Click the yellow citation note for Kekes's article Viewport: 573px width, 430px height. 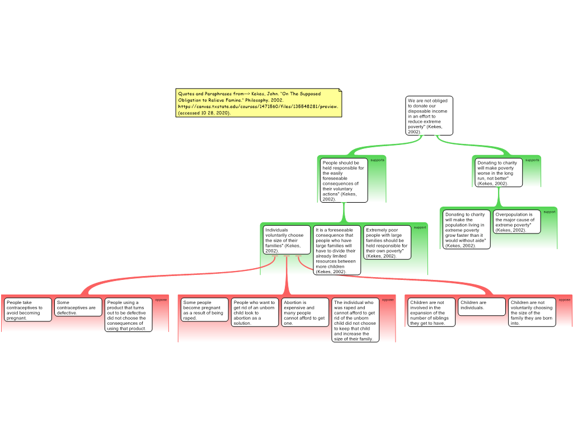point(259,103)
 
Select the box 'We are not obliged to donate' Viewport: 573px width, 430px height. point(429,115)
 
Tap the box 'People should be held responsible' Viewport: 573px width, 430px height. point(344,180)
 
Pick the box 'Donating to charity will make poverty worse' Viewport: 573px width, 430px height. point(499,172)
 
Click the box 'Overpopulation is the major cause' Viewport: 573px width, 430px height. point(516,222)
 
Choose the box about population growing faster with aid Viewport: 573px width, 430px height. point(466,230)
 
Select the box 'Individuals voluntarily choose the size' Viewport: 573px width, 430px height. point(286,240)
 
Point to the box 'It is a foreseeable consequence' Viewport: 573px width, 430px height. point(337,250)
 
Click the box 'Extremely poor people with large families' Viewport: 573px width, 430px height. point(387,242)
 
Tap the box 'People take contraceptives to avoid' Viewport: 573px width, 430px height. point(28,310)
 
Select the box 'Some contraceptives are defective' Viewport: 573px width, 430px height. point(78,307)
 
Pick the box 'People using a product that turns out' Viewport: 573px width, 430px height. point(128,315)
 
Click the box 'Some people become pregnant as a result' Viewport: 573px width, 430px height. point(205,310)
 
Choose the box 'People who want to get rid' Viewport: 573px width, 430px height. point(255,312)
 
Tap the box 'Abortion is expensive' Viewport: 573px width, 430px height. point(305,312)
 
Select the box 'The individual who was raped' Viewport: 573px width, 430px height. point(355,320)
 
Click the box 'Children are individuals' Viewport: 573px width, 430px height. point(482,307)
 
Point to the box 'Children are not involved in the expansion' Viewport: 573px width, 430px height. point(431,312)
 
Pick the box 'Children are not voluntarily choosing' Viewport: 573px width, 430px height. point(532,312)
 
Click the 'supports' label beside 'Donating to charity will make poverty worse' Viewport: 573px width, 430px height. point(532,160)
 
